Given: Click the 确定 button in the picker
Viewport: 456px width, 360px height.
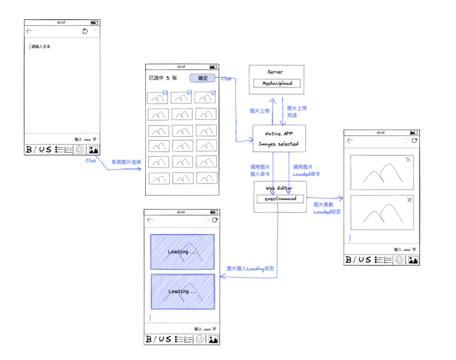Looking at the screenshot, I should pos(203,78).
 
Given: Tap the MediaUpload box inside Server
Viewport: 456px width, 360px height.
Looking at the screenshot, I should pos(277,84).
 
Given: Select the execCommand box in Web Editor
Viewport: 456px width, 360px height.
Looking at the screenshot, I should pos(280,198).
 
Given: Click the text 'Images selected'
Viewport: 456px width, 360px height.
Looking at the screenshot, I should pos(278,144).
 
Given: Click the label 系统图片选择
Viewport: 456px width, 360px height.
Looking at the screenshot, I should pos(126,162).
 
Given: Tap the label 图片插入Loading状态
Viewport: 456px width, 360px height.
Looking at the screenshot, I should pos(250,268).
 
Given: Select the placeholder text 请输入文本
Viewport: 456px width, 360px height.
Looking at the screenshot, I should pos(41,47).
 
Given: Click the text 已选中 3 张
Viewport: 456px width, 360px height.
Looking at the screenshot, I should pos(163,78).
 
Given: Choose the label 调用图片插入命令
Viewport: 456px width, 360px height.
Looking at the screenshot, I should pos(260,170).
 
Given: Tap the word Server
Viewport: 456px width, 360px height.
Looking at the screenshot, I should pos(275,72).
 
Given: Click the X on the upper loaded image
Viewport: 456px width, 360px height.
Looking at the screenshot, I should pos(408,160).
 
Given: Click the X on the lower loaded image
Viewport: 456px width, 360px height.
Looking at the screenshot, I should pos(409,200).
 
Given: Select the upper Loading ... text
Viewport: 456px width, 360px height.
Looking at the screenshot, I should pos(182,252).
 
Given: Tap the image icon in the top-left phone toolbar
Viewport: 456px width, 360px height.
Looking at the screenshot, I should pos(93,149).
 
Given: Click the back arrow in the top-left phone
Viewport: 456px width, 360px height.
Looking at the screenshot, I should pos(29,31).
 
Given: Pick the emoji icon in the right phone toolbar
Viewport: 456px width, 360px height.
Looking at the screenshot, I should pos(399,260).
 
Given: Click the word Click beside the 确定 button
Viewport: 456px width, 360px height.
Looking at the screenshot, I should pos(226,78).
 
